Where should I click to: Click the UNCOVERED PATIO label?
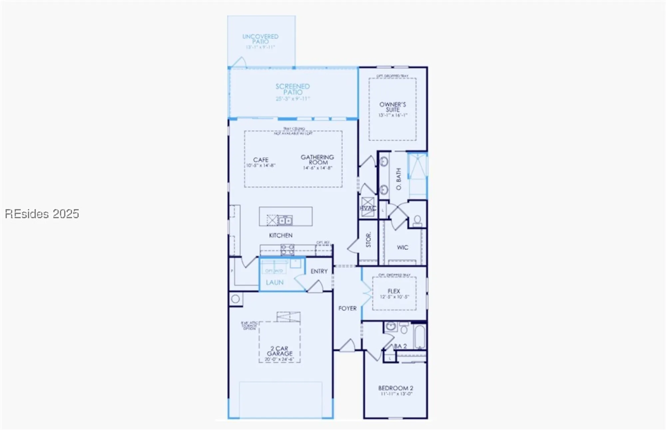coord(260,39)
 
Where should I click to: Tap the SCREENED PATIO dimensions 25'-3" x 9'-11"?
coord(293,99)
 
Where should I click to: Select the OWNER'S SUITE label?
coord(393,107)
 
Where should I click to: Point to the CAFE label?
coord(261,160)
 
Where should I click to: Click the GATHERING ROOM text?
coord(317,160)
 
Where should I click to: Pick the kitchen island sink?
coord(285,220)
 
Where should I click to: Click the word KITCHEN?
coord(281,235)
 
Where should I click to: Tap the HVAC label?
coord(368,209)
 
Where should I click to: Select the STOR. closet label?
coord(369,240)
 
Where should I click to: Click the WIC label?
coord(402,247)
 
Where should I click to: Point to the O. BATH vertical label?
coord(399,179)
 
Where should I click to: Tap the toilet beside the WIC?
coord(417,220)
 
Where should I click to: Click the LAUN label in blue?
coord(275,282)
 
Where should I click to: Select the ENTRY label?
coord(319,271)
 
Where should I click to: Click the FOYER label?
coord(347,308)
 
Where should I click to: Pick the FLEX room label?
coord(394,291)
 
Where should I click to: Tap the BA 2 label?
coord(400,346)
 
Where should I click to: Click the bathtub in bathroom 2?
coord(419,337)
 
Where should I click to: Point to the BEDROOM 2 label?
coord(396,388)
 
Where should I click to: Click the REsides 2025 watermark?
coord(42,214)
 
